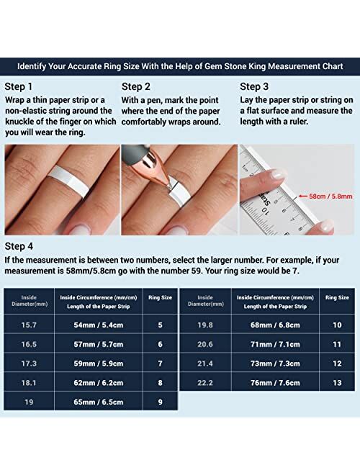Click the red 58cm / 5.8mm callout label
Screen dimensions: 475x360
point(330,195)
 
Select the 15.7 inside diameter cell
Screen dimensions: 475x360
point(29,325)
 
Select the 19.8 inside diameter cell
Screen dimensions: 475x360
point(205,325)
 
